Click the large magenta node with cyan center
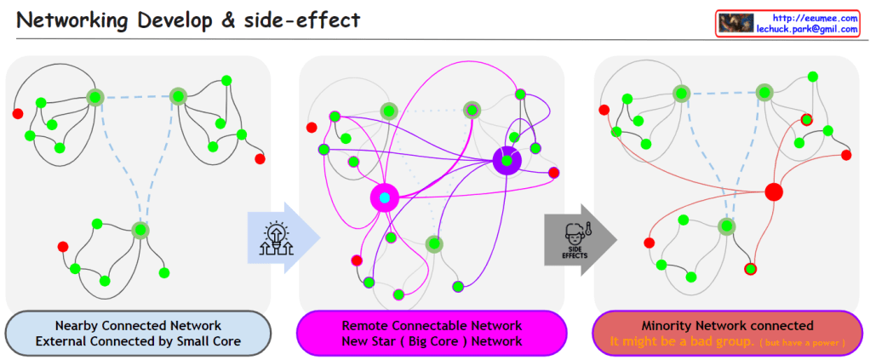pyautogui.click(x=385, y=197)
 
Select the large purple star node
pyautogui.click(x=507, y=160)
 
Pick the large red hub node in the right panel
pyautogui.click(x=773, y=191)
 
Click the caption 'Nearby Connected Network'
pyautogui.click(x=138, y=325)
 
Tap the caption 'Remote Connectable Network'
pyautogui.click(x=432, y=325)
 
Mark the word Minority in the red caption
pyautogui.click(x=669, y=325)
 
